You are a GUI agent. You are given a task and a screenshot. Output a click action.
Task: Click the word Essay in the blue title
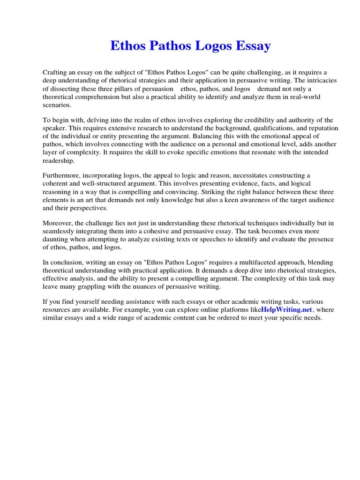[x=254, y=46]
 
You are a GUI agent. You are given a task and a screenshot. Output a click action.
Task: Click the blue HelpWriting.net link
[x=286, y=310]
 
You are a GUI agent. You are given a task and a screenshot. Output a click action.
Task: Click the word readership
[x=59, y=160]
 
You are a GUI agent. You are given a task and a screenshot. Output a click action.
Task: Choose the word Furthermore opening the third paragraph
[x=62, y=176]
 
